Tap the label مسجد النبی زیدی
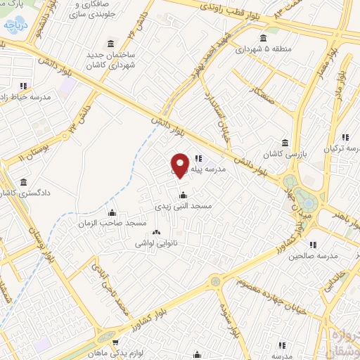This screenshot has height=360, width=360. pos(183,207)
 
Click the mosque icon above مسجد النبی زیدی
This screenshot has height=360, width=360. pos(183,195)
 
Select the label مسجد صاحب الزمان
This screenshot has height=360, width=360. pos(112,224)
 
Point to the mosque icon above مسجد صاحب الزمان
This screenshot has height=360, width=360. pos(112,212)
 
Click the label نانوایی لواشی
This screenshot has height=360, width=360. pos(156,243)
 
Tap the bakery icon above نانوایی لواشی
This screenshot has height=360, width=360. pos(156,232)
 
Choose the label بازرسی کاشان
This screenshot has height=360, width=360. pos(284,153)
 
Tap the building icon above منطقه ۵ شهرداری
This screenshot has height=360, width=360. pos(263,38)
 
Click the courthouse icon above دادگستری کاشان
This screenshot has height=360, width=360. pos(23,181)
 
